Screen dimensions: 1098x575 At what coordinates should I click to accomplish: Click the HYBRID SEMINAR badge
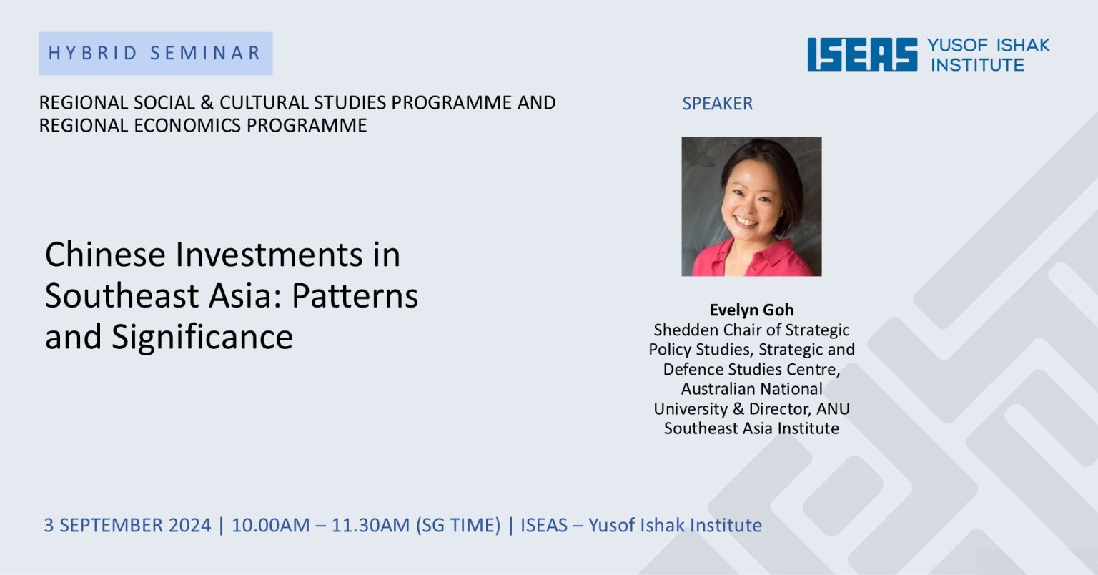pos(155,54)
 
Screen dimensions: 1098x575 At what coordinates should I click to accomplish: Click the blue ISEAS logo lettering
pos(862,54)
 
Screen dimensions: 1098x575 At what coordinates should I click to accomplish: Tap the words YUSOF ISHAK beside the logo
pos(988,45)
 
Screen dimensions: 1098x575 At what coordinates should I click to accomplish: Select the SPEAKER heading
pos(717,104)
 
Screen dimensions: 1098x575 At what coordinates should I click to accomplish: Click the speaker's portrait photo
pos(751,207)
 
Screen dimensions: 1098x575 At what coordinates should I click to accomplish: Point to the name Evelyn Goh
pos(751,310)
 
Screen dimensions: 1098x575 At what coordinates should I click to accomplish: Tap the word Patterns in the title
pos(355,295)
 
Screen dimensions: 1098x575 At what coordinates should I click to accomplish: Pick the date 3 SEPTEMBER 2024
pos(127,525)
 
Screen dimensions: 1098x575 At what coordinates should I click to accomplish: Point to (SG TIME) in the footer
pos(458,525)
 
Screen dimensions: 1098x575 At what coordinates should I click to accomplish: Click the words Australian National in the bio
pos(751,388)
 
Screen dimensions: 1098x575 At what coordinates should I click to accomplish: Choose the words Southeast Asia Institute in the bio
pos(751,428)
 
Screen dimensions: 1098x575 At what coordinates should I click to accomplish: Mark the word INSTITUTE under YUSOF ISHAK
pos(977,65)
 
